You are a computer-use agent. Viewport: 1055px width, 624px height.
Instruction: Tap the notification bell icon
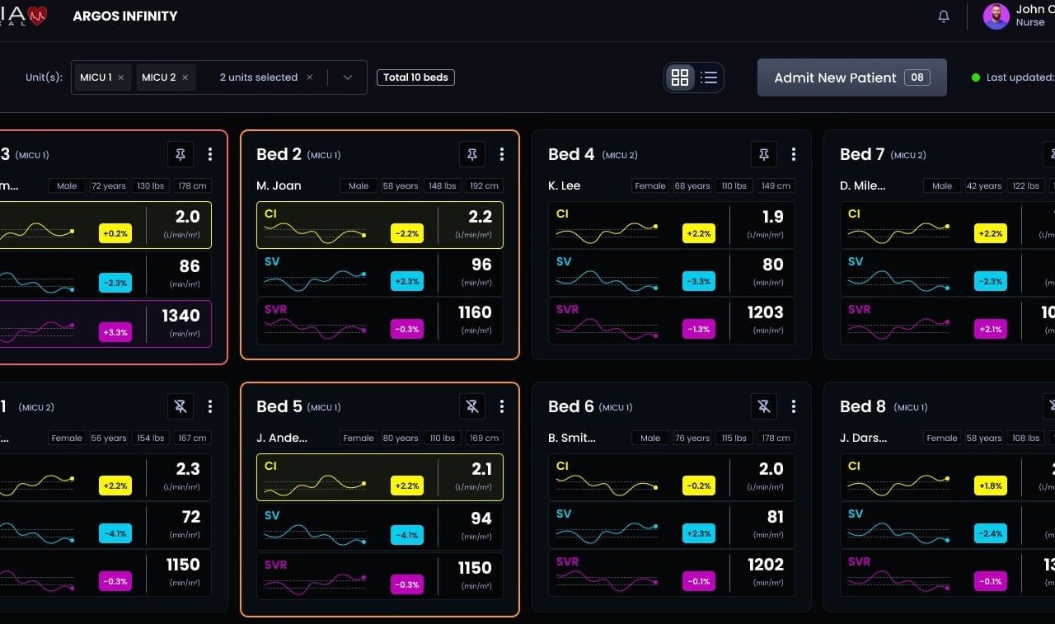(944, 16)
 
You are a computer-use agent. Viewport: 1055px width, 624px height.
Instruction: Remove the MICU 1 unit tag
(121, 77)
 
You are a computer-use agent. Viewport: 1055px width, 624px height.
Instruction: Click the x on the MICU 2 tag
(185, 77)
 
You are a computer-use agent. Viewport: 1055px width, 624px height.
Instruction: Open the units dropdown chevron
(348, 77)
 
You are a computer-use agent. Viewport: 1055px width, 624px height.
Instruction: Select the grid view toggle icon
(680, 77)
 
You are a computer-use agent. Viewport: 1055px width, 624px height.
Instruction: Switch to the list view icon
(709, 77)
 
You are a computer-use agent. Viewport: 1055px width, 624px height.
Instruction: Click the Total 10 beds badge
(416, 77)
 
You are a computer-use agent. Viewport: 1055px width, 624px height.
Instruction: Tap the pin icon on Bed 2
(471, 154)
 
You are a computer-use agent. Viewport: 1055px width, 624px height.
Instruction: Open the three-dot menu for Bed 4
(793, 154)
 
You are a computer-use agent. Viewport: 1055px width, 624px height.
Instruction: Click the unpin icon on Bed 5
(471, 406)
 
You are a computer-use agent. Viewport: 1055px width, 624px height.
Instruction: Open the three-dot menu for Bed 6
(793, 406)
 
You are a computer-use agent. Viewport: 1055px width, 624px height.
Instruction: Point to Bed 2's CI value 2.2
(480, 218)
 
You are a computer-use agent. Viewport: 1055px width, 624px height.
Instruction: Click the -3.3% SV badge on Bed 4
(699, 281)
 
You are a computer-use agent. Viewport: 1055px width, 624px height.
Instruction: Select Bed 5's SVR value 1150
(475, 568)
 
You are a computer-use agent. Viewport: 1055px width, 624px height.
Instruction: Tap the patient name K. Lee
(565, 185)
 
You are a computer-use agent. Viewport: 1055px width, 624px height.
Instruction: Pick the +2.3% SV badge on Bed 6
(699, 533)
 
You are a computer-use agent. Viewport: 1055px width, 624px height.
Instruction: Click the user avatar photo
(996, 16)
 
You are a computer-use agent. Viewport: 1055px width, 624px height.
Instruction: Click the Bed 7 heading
(862, 154)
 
